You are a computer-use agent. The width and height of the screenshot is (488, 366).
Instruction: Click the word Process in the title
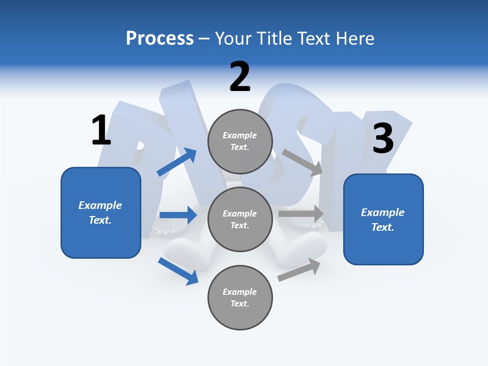coord(160,39)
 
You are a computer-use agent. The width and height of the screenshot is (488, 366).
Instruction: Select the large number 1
coord(101,131)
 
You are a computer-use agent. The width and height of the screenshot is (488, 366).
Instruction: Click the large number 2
coord(240,77)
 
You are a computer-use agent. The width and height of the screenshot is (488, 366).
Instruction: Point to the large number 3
coord(383,138)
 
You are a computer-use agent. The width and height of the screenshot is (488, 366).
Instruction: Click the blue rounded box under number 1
coord(101,212)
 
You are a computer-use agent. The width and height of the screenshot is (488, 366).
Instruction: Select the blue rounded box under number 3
coord(383,220)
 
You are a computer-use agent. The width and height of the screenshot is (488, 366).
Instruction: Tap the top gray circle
coord(240,141)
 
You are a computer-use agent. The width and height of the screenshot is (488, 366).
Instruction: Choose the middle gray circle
coord(240,220)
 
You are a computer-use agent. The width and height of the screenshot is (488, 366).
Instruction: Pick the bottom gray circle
coord(240,298)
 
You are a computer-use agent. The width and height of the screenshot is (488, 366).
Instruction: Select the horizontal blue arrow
coord(178,215)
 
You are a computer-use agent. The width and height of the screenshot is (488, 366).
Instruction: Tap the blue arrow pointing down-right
coord(178,271)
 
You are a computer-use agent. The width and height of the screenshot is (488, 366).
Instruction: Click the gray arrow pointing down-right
coord(302,162)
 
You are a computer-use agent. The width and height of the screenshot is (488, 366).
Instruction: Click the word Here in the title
coord(354,39)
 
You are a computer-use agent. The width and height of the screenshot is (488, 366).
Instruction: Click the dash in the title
coord(204,39)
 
